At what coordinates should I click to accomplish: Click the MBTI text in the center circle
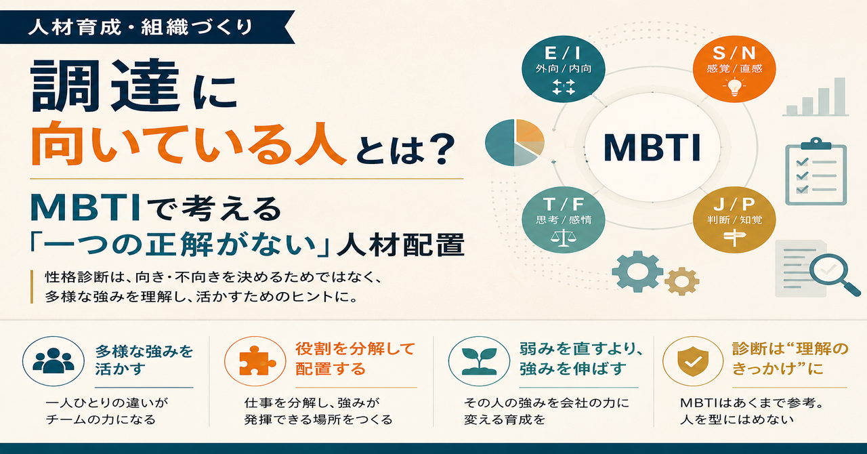click(652, 148)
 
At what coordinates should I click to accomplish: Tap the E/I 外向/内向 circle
click(563, 69)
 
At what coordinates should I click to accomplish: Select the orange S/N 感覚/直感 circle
click(734, 69)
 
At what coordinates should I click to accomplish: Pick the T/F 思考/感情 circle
click(563, 220)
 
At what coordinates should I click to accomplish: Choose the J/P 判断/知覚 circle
click(734, 220)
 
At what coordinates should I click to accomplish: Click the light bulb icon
click(734, 87)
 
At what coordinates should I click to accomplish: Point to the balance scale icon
click(563, 237)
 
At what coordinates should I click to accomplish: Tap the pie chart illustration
click(515, 142)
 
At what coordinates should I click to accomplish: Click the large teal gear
click(637, 272)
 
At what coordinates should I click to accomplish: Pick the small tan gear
click(681, 281)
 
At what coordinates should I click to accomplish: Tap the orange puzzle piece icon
click(255, 361)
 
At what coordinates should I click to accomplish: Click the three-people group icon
click(54, 361)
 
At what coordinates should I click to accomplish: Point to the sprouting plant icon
click(479, 361)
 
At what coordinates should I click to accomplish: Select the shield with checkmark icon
click(693, 361)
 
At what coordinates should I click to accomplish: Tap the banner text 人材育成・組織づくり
click(140, 28)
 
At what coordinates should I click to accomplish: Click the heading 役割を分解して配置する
click(354, 358)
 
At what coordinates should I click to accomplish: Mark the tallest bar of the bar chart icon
click(839, 96)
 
